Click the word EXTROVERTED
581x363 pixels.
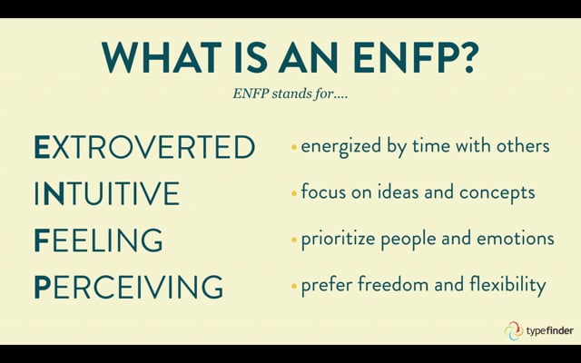point(144,147)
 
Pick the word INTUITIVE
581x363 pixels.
point(106,194)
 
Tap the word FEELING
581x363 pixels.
point(98,241)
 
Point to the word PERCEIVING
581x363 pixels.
point(128,288)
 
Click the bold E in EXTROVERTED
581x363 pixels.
point(43,147)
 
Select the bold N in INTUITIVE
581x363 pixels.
point(54,194)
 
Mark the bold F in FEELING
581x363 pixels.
point(42,241)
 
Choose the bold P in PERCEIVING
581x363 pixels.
point(43,288)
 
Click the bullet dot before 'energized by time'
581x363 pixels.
point(293,147)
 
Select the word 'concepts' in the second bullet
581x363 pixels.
point(499,193)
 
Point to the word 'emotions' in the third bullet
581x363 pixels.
point(520,240)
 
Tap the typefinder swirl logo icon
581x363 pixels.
point(513,330)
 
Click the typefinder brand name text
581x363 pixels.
point(550,331)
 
